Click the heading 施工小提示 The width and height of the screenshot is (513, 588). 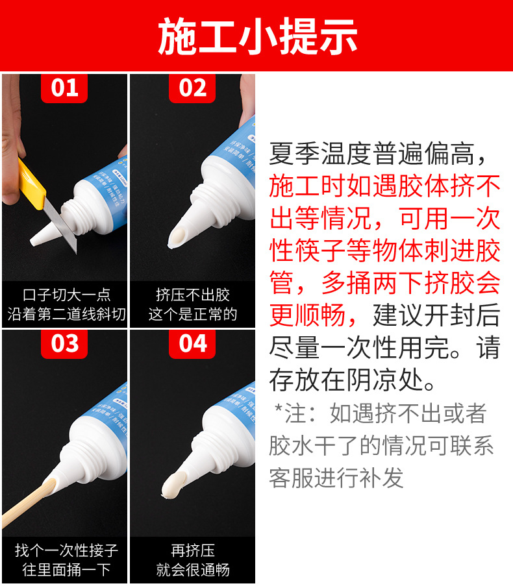[x=257, y=36]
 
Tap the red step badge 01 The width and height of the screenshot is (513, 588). [x=64, y=88]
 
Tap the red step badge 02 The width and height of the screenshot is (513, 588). [x=192, y=88]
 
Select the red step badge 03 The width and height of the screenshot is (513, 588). [x=64, y=343]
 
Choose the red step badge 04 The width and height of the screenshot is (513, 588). [x=192, y=343]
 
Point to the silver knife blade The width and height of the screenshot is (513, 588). [x=61, y=223]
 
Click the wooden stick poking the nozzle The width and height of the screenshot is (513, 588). [x=26, y=504]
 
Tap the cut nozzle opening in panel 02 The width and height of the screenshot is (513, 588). [x=177, y=237]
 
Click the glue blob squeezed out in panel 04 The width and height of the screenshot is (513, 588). [x=173, y=485]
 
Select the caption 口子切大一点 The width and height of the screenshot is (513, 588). [x=66, y=295]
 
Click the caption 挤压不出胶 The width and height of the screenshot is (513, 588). [x=192, y=295]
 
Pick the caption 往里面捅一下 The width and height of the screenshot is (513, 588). [x=66, y=570]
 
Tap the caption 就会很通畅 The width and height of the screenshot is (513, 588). [x=192, y=570]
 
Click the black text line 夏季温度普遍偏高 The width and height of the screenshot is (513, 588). [x=371, y=154]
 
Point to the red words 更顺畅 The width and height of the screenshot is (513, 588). [x=307, y=315]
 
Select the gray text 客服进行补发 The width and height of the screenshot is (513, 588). [x=336, y=478]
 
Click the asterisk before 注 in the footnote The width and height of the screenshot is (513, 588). [x=278, y=408]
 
